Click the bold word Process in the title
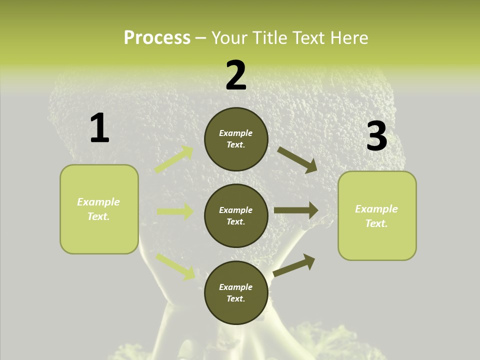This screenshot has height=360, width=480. pos(157,37)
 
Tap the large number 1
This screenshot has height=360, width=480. pos(99,128)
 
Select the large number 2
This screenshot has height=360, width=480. pos(236,75)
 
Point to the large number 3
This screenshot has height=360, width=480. pos(376,136)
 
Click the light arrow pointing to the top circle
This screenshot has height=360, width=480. pos(174,159)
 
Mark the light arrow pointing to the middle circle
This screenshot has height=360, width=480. pos(175,211)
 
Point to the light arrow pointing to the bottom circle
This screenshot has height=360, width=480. pos(175,266)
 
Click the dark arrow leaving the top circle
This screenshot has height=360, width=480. pos(297,159)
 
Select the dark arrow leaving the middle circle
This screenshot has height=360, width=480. pos(296,210)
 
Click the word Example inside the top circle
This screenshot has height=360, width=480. pos(236,133)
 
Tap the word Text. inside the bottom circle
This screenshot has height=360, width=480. pos(236,298)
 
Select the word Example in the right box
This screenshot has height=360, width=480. pos(376,209)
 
